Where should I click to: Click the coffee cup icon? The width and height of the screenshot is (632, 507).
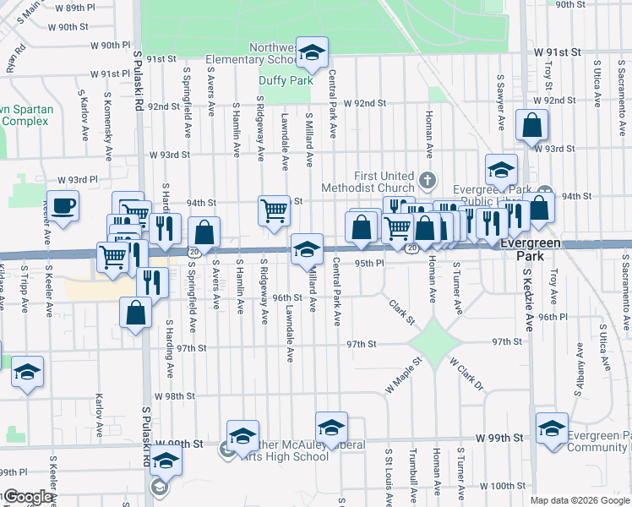pyautogui.click(x=63, y=205)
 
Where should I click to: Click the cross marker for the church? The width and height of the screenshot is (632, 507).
pyautogui.click(x=428, y=179)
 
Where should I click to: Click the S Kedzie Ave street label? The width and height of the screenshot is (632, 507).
pyautogui.click(x=526, y=299)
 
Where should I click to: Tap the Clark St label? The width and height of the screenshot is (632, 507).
pyautogui.click(x=402, y=311)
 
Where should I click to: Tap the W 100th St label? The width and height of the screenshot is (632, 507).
pyautogui.click(x=504, y=486)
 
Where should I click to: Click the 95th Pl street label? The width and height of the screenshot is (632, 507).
pyautogui.click(x=369, y=263)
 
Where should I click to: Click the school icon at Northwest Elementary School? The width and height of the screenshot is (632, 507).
pyautogui.click(x=312, y=57)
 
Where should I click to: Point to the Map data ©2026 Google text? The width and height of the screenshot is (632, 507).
pyautogui.click(x=580, y=500)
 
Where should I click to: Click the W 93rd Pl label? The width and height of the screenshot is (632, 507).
pyautogui.click(x=79, y=180)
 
